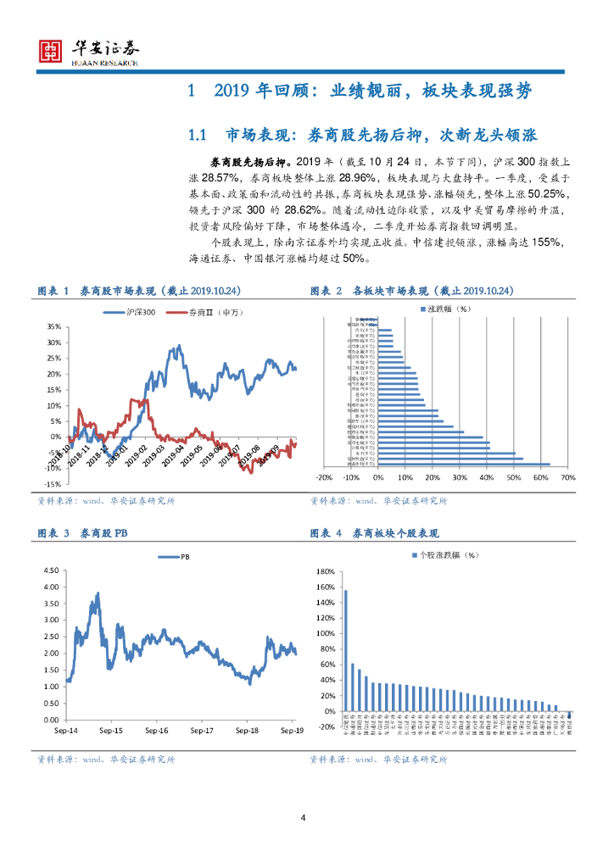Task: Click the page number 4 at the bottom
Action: tap(303, 817)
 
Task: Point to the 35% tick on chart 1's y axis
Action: tap(54, 326)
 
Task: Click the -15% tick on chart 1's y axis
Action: tap(53, 484)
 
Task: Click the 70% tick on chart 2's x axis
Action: tap(568, 477)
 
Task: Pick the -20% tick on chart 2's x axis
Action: tap(323, 477)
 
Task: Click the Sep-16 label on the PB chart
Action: tap(157, 730)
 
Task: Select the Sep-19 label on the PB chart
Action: tap(292, 730)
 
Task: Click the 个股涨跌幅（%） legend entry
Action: tap(444, 555)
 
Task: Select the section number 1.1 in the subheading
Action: tap(198, 135)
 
